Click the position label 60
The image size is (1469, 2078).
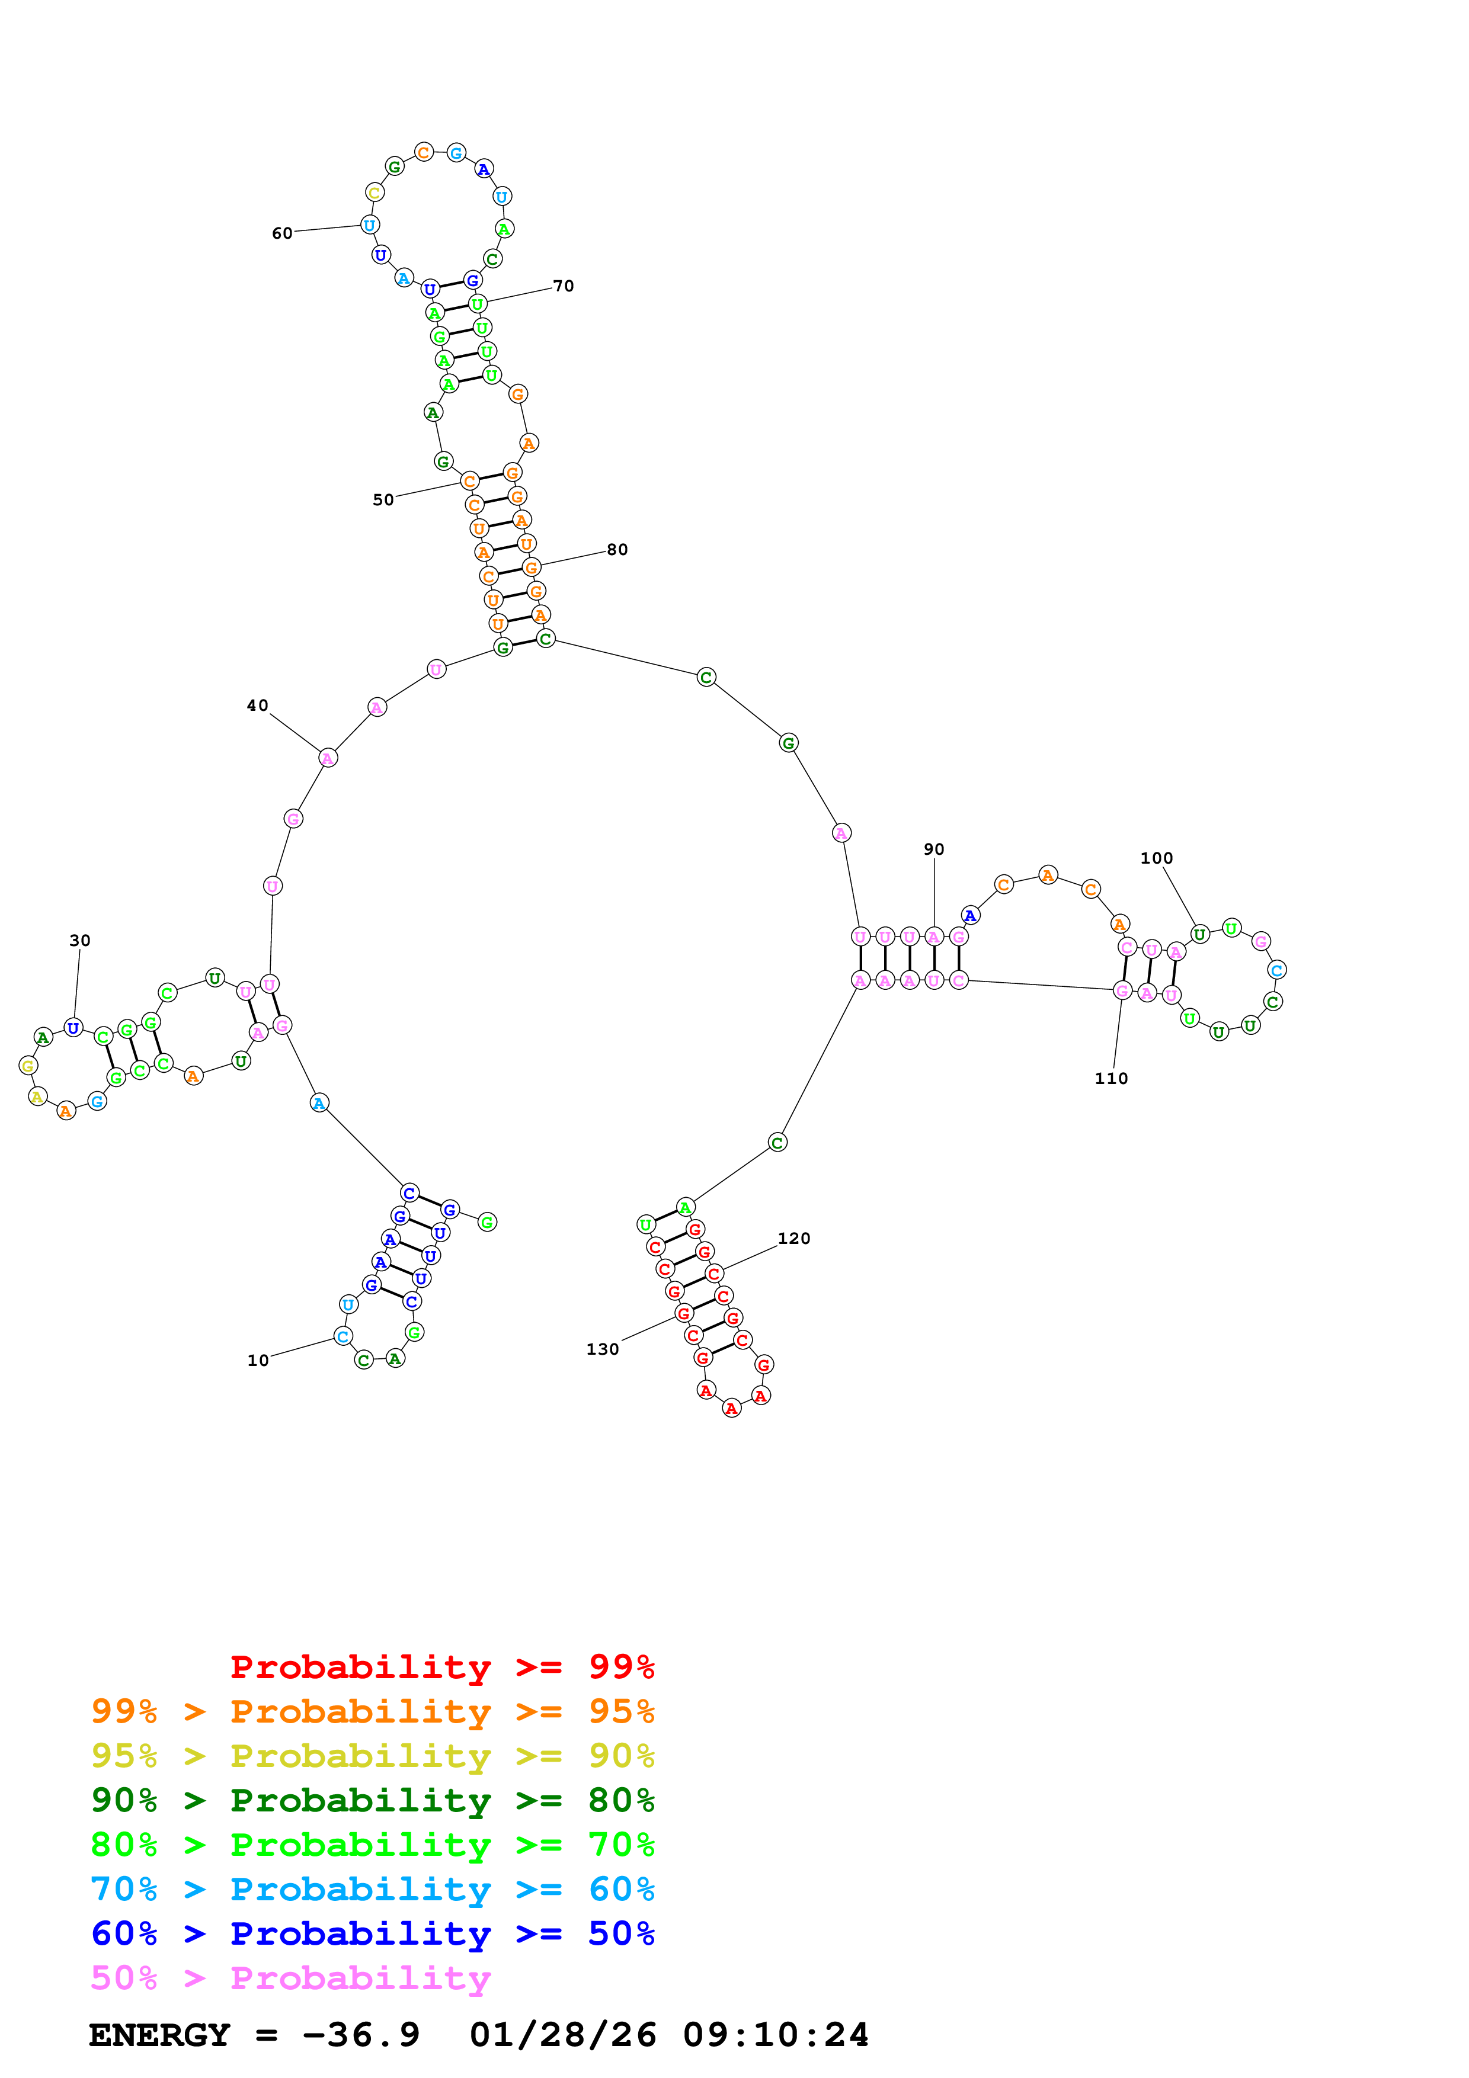click(283, 233)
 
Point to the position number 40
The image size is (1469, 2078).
click(258, 705)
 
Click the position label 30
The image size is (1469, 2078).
click(79, 940)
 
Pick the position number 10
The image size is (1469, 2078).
click(258, 1360)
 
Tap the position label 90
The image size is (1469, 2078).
click(934, 849)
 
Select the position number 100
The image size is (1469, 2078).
click(1157, 858)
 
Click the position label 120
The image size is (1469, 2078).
click(794, 1238)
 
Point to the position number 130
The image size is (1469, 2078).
click(603, 1349)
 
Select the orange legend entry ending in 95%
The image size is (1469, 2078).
click(373, 1711)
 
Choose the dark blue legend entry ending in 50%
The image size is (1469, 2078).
click(373, 1933)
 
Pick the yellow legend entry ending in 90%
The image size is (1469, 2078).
click(373, 1756)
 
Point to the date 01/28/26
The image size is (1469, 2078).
click(563, 2035)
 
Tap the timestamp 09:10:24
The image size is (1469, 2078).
click(776, 2035)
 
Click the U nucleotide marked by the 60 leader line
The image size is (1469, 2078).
click(369, 225)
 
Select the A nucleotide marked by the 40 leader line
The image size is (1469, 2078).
click(328, 758)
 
